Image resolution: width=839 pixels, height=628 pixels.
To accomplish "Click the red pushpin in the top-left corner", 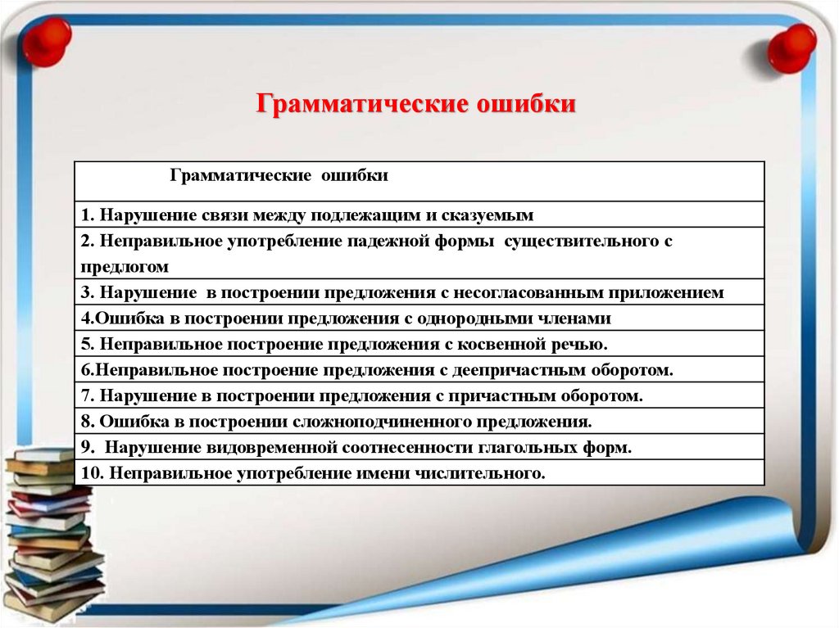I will click(46, 41).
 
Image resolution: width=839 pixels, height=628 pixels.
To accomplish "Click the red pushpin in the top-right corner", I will click(791, 47).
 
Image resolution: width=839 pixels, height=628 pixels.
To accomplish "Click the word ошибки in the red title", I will click(527, 106).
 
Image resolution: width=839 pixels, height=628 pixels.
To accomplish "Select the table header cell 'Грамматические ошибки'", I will click(279, 175).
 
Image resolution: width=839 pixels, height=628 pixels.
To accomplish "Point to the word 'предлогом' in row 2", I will click(125, 266).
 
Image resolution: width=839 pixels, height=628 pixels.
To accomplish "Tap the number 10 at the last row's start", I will click(90, 473).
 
